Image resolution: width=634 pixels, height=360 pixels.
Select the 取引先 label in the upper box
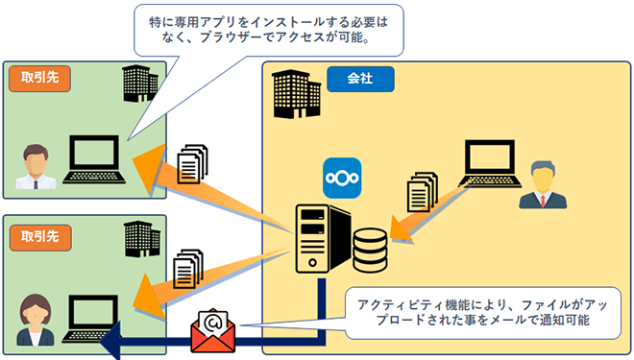[x=38, y=78]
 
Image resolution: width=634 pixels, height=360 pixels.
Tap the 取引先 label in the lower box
[x=38, y=237]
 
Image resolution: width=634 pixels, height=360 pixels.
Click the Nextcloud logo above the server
[x=342, y=178]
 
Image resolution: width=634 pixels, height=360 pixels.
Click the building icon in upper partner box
[x=139, y=84]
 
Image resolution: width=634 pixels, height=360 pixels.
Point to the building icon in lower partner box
[x=140, y=237]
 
